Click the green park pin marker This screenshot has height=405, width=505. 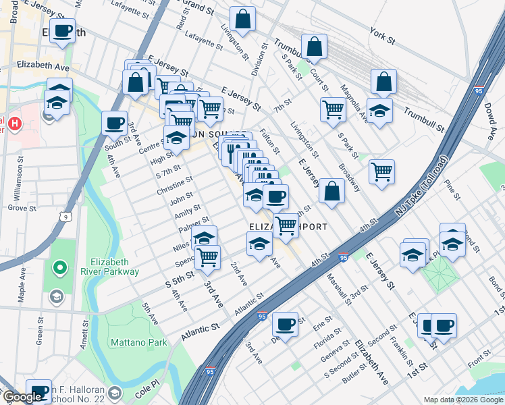[59, 269]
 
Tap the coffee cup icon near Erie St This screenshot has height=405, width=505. [286, 324]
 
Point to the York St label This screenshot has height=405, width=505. [382, 36]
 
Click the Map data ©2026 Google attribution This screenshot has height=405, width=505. [463, 400]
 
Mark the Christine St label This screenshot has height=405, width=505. [174, 187]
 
